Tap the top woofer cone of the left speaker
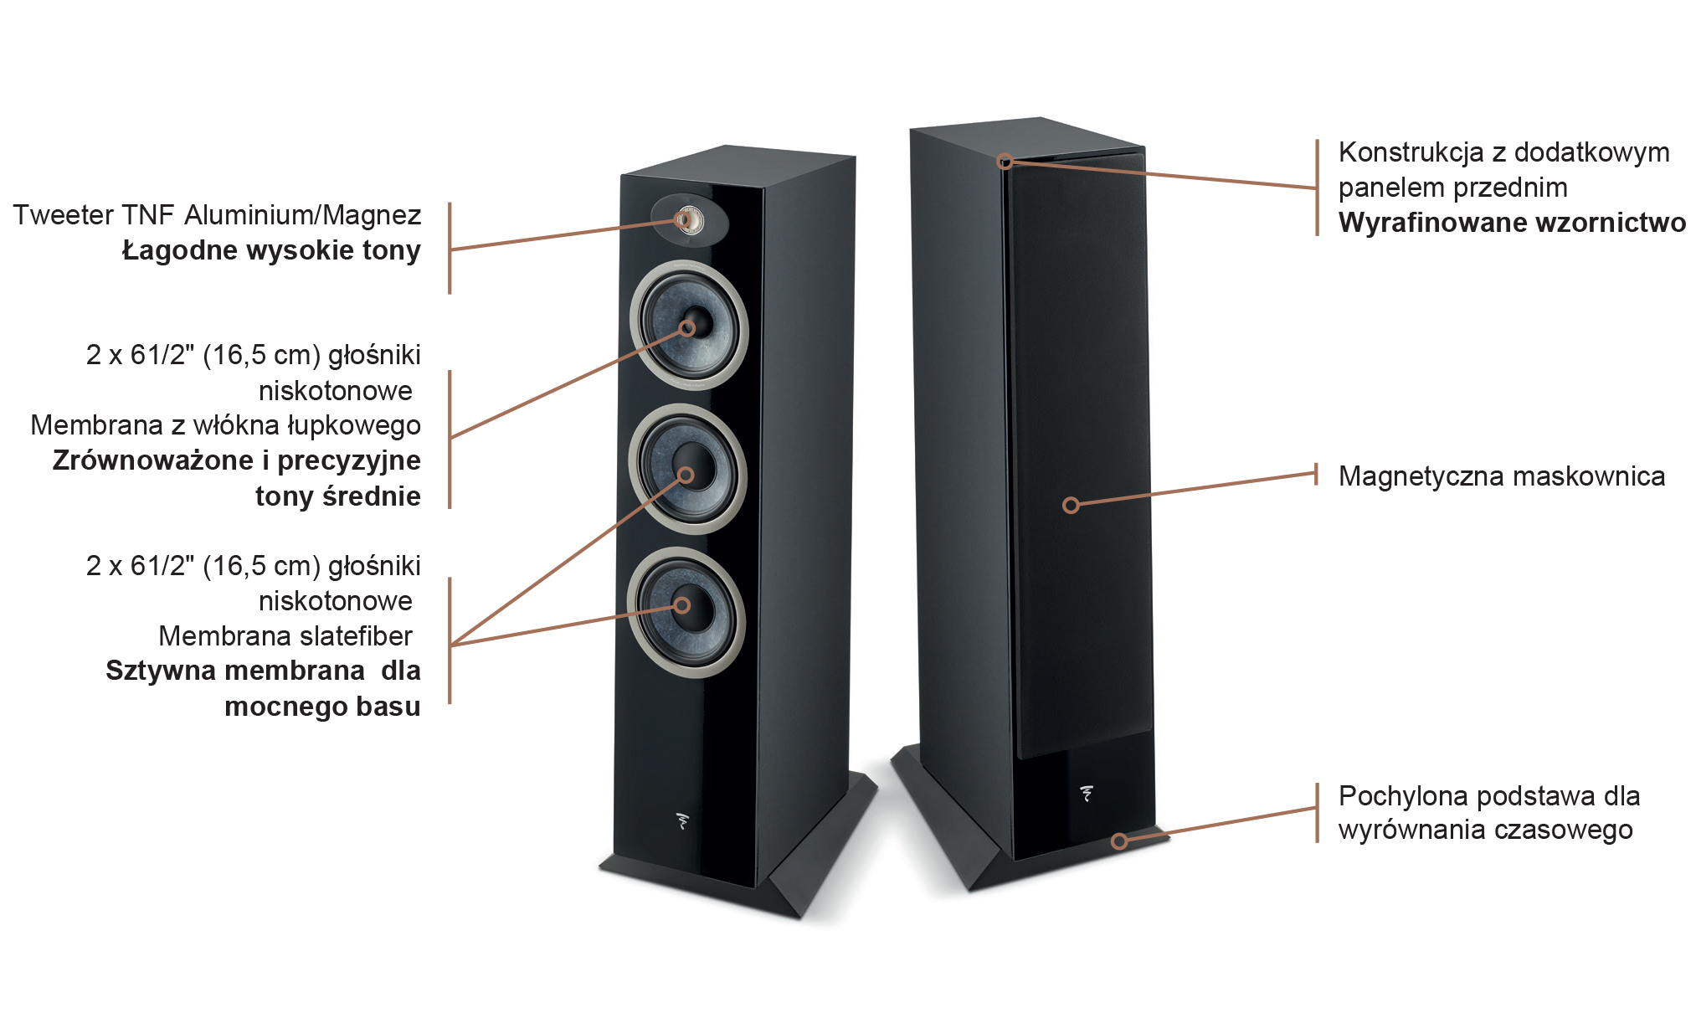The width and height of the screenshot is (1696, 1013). [x=689, y=325]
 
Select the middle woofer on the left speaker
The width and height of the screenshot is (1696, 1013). [x=687, y=470]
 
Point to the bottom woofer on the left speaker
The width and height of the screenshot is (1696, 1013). [x=686, y=612]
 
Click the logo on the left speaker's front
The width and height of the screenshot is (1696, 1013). [x=683, y=820]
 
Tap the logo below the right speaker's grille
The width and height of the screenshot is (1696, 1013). [x=1087, y=794]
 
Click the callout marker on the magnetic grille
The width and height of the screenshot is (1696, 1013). [x=1071, y=505]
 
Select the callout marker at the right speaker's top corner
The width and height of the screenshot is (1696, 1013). [x=1005, y=161]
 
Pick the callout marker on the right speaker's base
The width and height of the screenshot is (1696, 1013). [x=1119, y=841]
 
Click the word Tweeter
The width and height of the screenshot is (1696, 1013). [x=64, y=215]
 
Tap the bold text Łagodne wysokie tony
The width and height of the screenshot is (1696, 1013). [x=271, y=250]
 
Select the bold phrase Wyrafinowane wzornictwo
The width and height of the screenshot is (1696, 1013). [x=1512, y=223]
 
